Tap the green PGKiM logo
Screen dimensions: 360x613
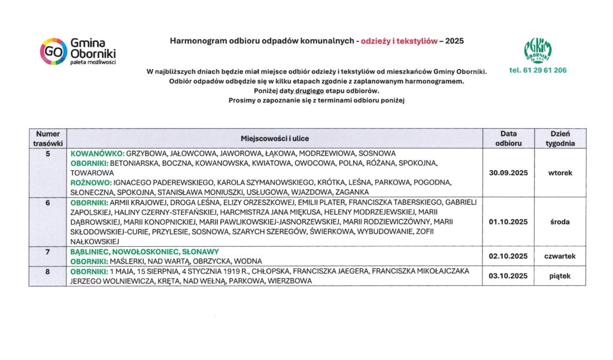538,50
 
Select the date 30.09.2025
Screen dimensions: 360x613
508,173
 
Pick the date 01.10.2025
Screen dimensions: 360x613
508,222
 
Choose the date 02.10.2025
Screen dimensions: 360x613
508,256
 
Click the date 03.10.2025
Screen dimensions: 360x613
508,276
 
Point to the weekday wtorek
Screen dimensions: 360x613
560,173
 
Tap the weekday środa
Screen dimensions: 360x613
560,222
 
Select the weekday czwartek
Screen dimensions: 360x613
560,256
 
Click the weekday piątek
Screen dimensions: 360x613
560,276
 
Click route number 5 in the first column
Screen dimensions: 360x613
47,153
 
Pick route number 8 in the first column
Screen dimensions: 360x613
47,271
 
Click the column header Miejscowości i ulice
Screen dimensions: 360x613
275,138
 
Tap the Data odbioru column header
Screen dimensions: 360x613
508,138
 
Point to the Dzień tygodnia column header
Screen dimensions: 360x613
560,138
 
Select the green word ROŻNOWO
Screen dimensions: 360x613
90,182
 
